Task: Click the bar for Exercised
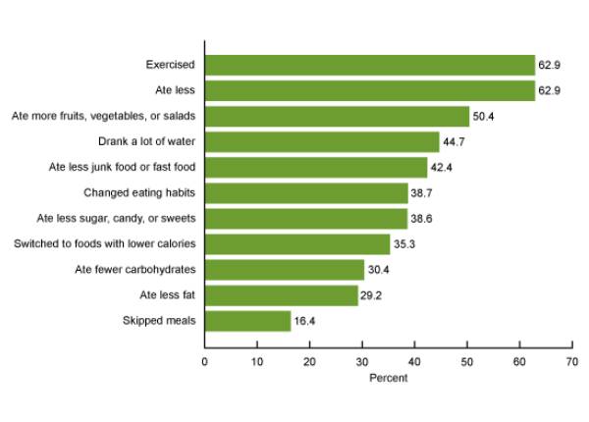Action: pyautogui.click(x=369, y=66)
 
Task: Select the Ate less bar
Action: pyautogui.click(x=369, y=91)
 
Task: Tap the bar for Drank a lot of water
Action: pyautogui.click(x=321, y=142)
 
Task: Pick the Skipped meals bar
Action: pyautogui.click(x=247, y=321)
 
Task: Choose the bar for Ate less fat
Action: pyautogui.click(x=281, y=295)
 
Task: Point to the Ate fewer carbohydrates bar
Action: pyautogui.click(x=284, y=270)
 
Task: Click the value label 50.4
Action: pyautogui.click(x=485, y=117)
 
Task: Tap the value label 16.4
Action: pyautogui.click(x=306, y=321)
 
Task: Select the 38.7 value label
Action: pyautogui.click(x=423, y=193)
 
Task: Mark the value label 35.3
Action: pyautogui.click(x=405, y=244)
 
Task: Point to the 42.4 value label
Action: pyautogui.click(x=443, y=168)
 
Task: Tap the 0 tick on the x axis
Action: pyautogui.click(x=204, y=361)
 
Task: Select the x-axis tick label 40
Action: pyautogui.click(x=414, y=361)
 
